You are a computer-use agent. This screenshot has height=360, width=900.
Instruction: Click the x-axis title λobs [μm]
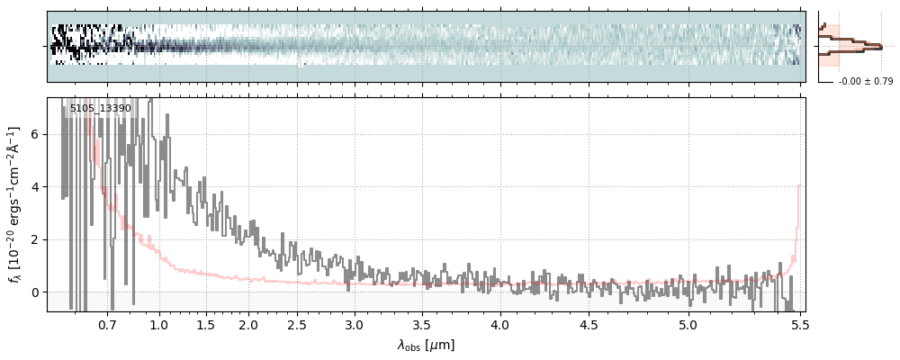click(x=426, y=345)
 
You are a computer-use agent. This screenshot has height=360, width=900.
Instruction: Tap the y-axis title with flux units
click(x=15, y=204)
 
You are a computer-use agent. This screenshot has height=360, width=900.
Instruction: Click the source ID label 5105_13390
click(x=100, y=108)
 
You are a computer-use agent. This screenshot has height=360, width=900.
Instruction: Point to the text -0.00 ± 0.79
click(x=866, y=82)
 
